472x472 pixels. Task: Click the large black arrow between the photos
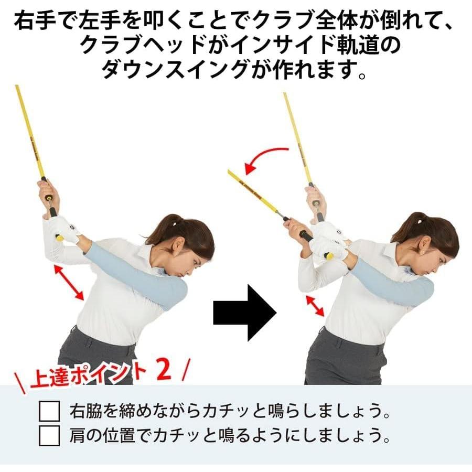(244, 313)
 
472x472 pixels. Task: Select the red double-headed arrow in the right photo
(315, 305)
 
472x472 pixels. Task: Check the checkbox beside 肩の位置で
(50, 435)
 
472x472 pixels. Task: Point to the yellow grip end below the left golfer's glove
(60, 238)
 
